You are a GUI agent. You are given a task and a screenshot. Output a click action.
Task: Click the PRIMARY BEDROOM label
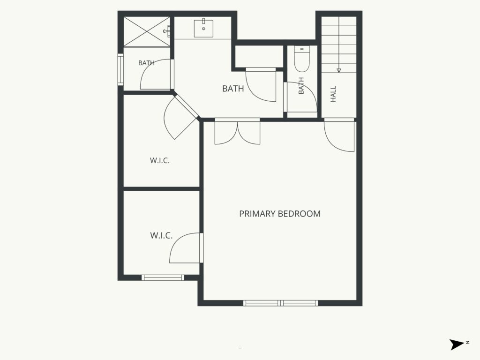[280, 214]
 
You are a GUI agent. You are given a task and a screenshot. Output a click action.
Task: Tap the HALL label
[333, 94]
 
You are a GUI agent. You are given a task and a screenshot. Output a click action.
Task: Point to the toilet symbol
[302, 59]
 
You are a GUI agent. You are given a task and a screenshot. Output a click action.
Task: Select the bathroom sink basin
[203, 28]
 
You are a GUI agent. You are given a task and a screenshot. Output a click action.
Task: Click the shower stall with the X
[146, 31]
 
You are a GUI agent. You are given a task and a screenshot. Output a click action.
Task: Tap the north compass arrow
[457, 345]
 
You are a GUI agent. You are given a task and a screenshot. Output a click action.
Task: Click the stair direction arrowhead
[339, 70]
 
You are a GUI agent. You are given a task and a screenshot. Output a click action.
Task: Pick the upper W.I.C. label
[160, 160]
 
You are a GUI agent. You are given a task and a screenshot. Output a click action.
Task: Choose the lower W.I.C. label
[161, 235]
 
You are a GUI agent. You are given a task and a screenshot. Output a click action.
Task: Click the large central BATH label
[233, 89]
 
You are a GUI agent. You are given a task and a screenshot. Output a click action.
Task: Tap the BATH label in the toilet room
[301, 86]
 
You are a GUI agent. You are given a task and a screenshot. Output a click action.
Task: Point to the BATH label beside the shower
[146, 63]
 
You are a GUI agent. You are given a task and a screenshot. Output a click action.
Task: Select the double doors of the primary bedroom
[237, 132]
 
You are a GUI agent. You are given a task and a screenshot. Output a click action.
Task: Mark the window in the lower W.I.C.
[163, 277]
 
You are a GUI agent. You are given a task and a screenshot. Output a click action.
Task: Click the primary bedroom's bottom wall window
[281, 303]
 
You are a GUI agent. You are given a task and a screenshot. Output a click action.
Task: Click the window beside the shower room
[120, 70]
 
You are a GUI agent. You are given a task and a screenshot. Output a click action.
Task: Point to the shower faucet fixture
[167, 31]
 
